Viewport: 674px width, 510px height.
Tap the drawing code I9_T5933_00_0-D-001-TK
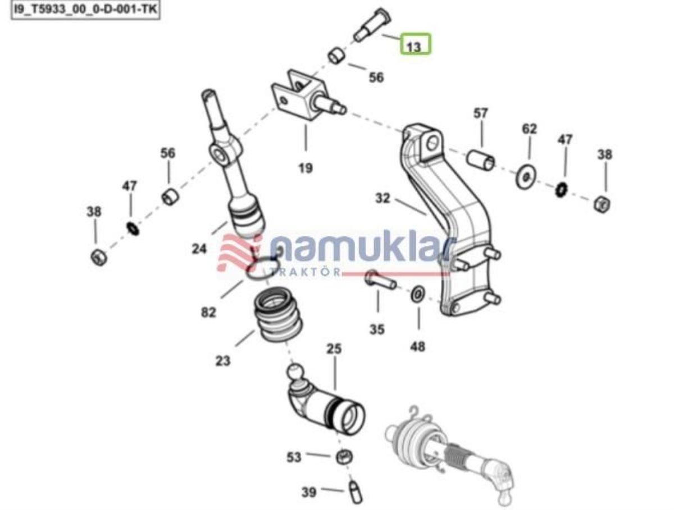86,10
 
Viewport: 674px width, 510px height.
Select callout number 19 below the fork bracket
305,168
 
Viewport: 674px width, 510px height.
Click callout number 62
530,129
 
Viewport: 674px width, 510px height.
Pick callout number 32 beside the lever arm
382,198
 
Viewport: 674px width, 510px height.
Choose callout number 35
377,330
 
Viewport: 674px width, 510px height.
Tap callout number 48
417,347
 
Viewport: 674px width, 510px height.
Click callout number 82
208,312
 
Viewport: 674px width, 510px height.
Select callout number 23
222,361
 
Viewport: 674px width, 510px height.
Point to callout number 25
334,349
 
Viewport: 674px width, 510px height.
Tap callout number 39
308,493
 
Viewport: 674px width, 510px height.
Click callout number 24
199,249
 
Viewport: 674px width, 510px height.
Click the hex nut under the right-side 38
602,205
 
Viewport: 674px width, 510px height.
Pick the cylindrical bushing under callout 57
481,160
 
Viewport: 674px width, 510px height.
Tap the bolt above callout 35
380,280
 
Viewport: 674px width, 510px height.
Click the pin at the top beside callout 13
372,24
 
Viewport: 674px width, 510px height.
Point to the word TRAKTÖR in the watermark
305,272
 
